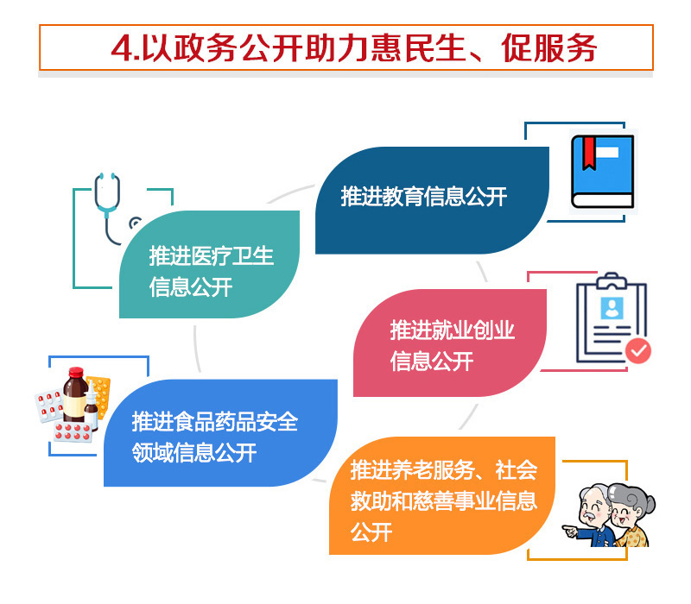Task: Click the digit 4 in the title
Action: [x=122, y=48]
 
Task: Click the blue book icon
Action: [x=602, y=171]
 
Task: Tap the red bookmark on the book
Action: [x=589, y=153]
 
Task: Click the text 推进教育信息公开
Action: [x=424, y=197]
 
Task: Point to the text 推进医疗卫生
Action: [x=212, y=255]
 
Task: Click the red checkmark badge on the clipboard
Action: [x=638, y=351]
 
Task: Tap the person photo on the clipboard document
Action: [x=612, y=308]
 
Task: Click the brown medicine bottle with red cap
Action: [x=75, y=395]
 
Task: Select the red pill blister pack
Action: [x=73, y=432]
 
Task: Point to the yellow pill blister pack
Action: [x=99, y=396]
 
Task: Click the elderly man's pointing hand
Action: [x=570, y=531]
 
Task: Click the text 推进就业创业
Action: [x=452, y=330]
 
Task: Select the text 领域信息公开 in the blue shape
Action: [x=194, y=452]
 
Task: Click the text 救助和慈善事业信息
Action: [x=444, y=501]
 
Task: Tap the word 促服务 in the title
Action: [x=549, y=48]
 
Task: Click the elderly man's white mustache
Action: [x=589, y=514]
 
